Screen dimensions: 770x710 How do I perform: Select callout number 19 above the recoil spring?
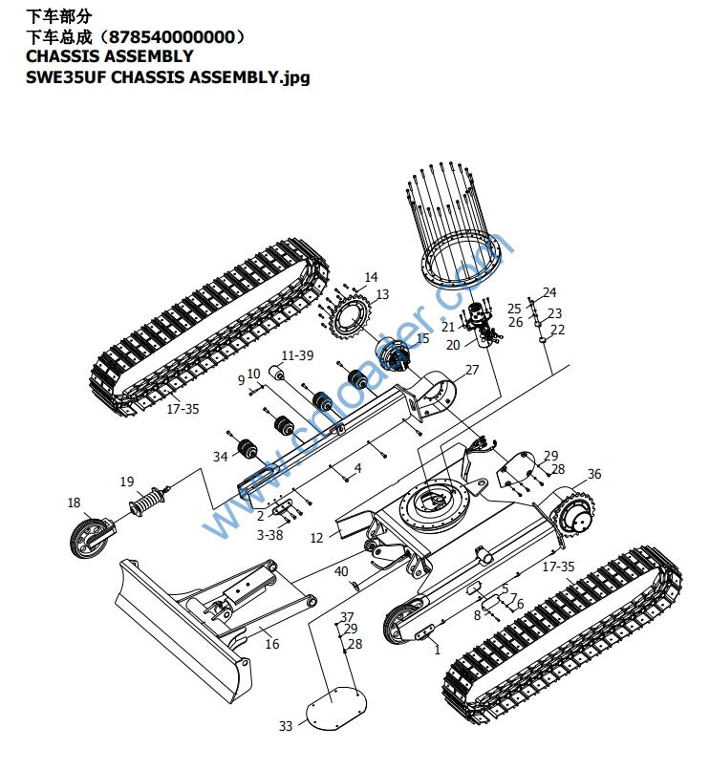(x=127, y=481)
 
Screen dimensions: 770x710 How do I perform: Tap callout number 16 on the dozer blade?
(x=272, y=644)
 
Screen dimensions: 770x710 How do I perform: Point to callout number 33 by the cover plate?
(x=285, y=727)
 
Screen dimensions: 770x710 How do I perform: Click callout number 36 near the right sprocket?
(x=594, y=475)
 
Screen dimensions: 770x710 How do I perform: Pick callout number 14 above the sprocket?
(x=371, y=278)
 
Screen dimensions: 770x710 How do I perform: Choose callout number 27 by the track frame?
(x=472, y=370)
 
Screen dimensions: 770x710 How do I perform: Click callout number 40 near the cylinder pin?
(x=341, y=572)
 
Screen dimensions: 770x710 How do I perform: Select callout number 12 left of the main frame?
(x=317, y=539)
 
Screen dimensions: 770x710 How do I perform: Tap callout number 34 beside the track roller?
(x=221, y=457)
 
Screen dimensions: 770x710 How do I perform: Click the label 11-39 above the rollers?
(x=298, y=355)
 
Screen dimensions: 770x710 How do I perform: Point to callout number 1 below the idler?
(x=437, y=651)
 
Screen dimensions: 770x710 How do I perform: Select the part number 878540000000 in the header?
(x=172, y=36)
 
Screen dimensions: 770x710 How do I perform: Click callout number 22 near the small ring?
(x=558, y=330)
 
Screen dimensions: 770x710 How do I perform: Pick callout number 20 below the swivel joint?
(x=453, y=345)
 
